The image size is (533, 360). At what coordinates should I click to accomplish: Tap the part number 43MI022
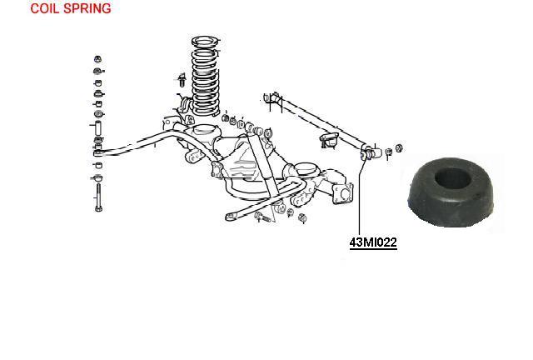coord(373,242)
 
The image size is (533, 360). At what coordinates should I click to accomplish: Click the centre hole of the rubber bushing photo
coord(452,178)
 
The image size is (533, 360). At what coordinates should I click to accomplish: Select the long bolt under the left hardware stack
coord(98,197)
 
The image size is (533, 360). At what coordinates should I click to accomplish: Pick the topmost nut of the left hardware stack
coord(98,59)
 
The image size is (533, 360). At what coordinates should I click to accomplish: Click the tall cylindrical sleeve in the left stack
coord(98,128)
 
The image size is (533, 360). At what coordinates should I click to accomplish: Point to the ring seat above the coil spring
coord(205,42)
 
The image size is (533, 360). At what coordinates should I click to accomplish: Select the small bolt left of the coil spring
coord(182,80)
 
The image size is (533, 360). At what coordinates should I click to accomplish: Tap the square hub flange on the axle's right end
coord(343,193)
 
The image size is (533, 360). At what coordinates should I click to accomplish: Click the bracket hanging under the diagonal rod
coord(329,140)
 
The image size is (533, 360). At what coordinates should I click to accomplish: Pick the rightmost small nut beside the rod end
coord(399,148)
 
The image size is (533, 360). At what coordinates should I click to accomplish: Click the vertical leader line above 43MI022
coord(359,197)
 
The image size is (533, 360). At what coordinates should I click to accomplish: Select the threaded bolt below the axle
coord(262,217)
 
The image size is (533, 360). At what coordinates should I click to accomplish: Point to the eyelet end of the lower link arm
coord(231,217)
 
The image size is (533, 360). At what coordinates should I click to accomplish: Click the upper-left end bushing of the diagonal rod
coord(272,98)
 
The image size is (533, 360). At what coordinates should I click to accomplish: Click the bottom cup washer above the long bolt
coord(98,177)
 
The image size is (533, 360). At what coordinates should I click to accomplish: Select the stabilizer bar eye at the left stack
coord(97,152)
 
